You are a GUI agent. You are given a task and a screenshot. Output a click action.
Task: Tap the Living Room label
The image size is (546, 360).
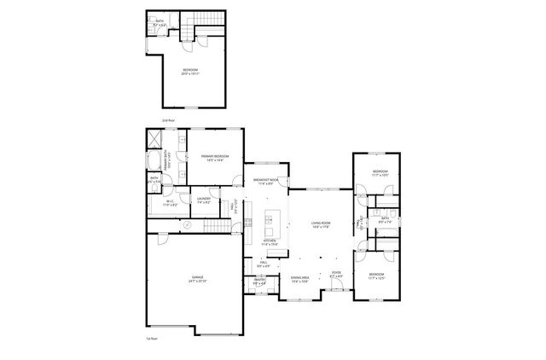(x=320, y=225)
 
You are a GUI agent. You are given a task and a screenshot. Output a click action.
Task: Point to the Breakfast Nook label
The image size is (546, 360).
(x=266, y=181)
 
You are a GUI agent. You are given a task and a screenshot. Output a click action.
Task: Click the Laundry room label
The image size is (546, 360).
(x=204, y=200)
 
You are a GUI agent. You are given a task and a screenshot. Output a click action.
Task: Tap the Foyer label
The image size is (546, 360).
(x=336, y=275)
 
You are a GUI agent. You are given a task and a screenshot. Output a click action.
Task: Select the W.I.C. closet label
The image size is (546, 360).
(x=171, y=203)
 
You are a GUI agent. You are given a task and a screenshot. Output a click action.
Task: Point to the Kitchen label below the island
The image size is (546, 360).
(x=270, y=242)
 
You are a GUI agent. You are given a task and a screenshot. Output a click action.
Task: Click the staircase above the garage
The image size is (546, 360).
(x=219, y=227)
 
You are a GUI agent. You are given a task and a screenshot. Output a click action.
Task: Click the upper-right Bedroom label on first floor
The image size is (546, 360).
(x=379, y=173)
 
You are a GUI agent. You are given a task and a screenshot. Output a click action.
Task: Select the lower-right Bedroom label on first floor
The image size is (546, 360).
(x=378, y=278)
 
